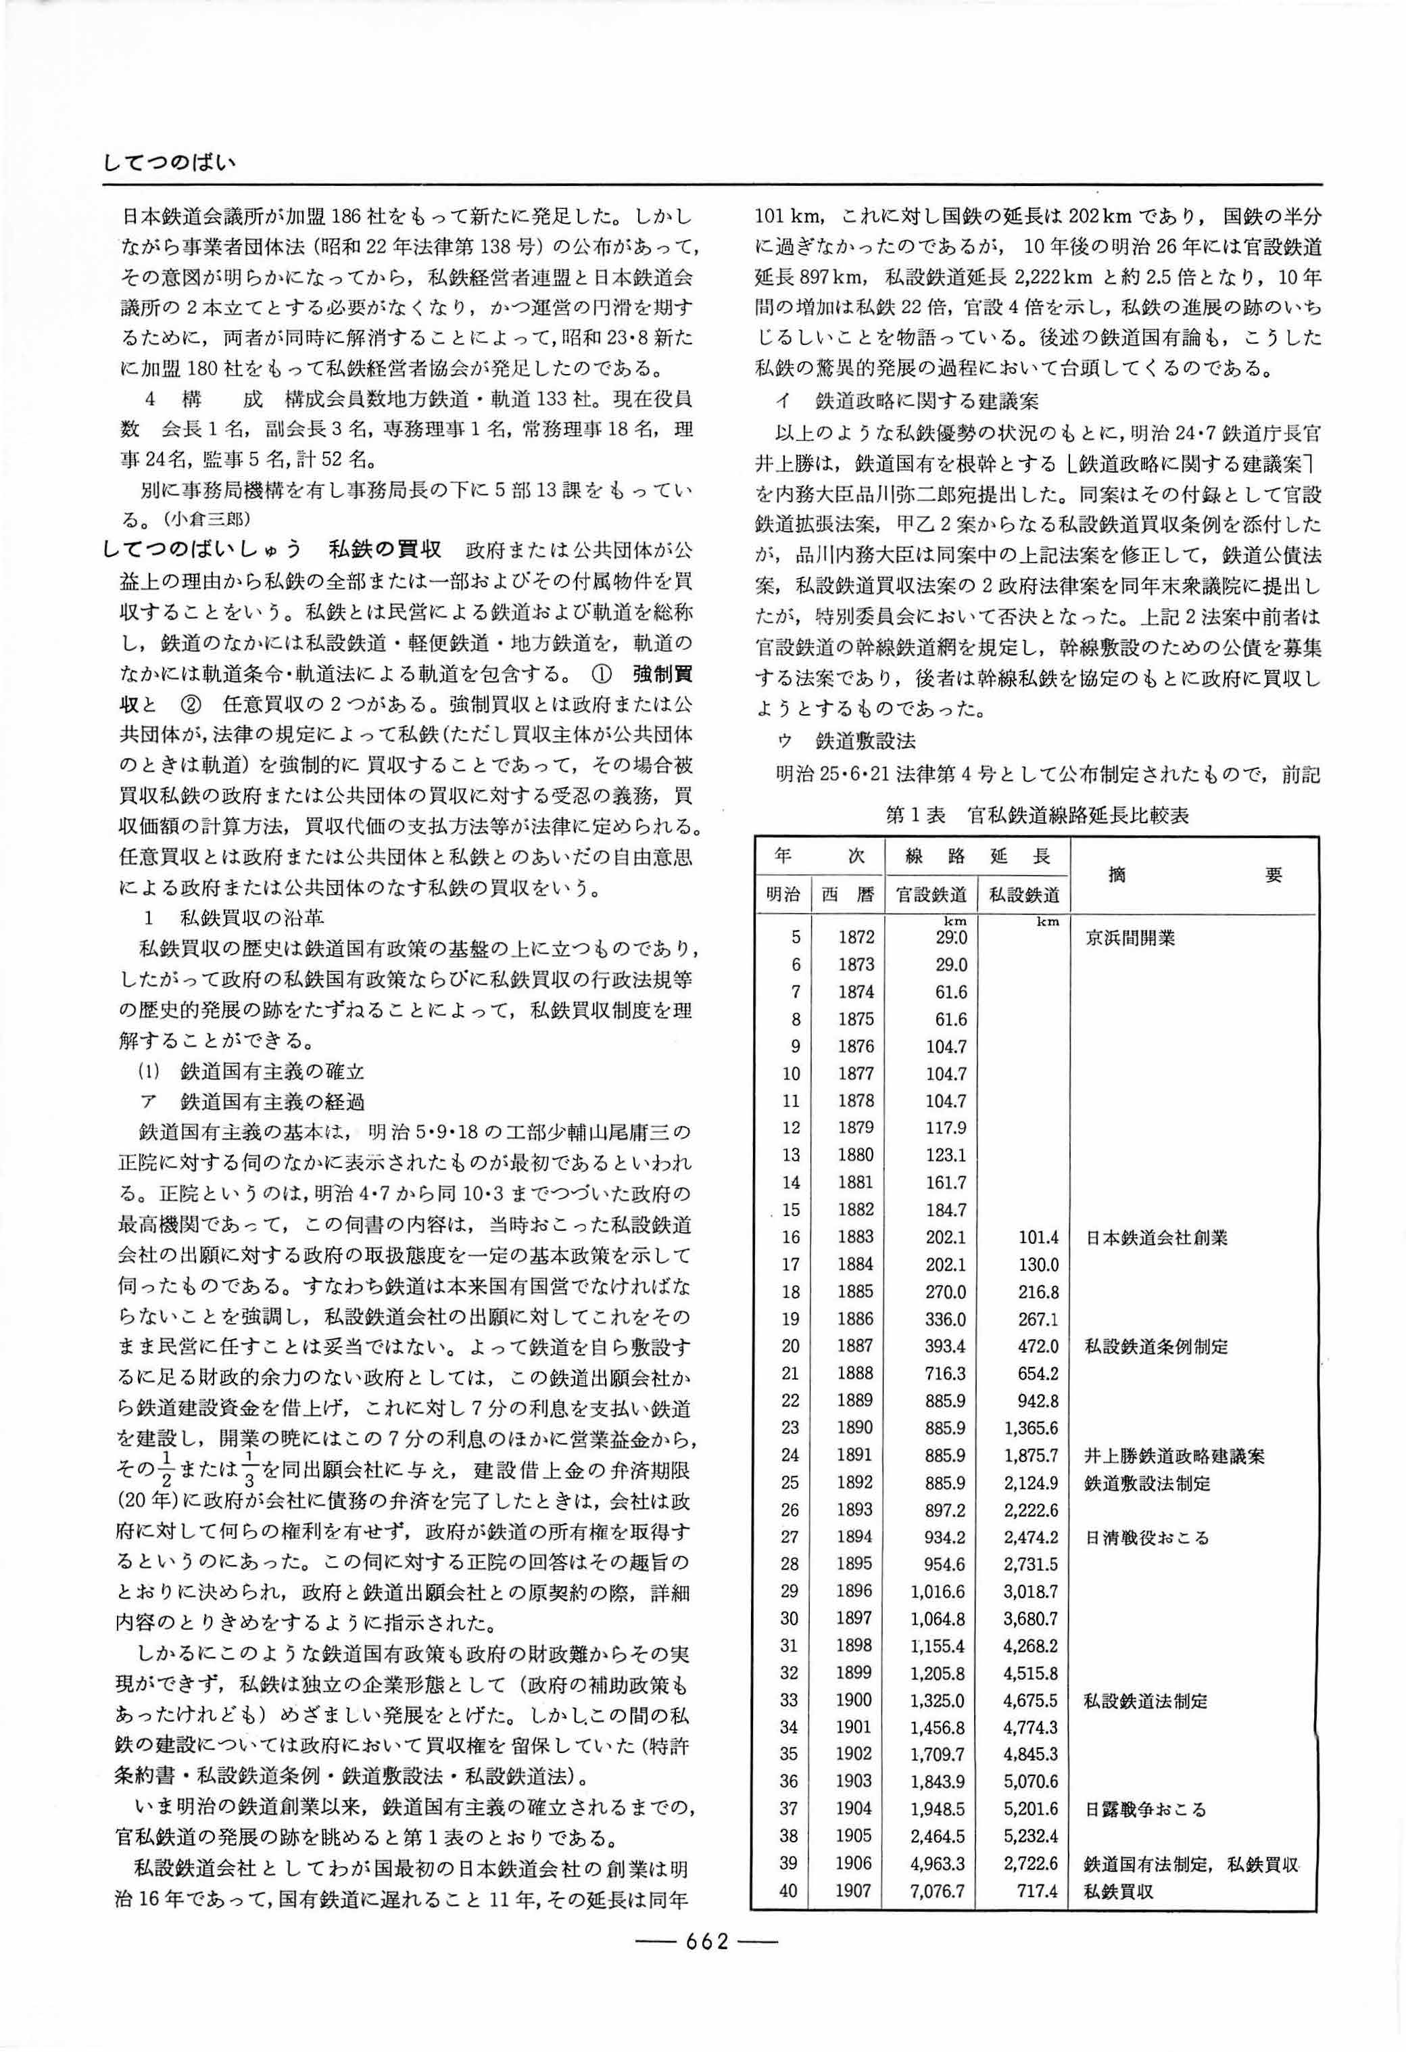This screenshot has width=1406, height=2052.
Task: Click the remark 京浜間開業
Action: point(1130,937)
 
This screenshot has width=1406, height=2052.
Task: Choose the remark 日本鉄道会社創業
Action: point(1155,1237)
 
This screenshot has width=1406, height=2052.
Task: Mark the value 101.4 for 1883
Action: point(1037,1237)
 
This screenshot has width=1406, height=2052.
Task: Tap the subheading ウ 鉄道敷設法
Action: point(845,737)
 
